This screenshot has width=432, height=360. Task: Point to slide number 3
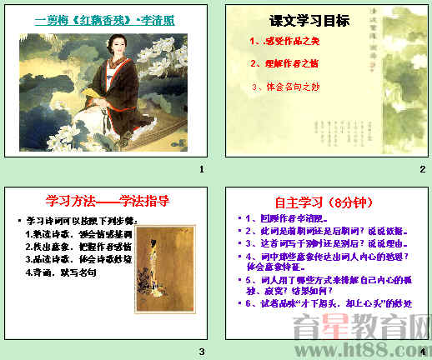coord(200,350)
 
